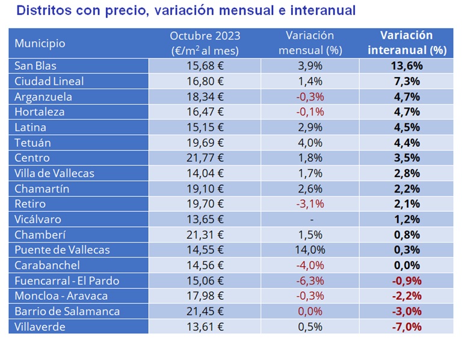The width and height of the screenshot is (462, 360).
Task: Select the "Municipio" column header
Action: pyautogui.click(x=40, y=43)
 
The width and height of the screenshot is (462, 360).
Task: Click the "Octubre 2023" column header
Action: pyautogui.click(x=205, y=43)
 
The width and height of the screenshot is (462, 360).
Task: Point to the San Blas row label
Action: pyautogui.click(x=35, y=66)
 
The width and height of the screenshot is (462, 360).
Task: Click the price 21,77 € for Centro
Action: pyautogui.click(x=205, y=158)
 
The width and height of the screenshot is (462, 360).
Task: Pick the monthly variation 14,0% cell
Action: pyautogui.click(x=310, y=250)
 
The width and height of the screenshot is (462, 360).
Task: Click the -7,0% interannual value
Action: pyautogui.click(x=407, y=327)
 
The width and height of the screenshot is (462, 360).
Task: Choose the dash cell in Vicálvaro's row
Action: pyautogui.click(x=310, y=219)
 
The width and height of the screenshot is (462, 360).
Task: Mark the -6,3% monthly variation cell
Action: pyautogui.click(x=310, y=281)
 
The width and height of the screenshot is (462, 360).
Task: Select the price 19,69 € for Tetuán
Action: pyautogui.click(x=205, y=143)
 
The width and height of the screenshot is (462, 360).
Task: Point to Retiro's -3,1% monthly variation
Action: pyautogui.click(x=310, y=204)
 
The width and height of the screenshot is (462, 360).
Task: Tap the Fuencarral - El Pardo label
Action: pyautogui.click(x=67, y=281)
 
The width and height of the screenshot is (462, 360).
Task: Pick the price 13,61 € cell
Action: pyautogui.click(x=205, y=327)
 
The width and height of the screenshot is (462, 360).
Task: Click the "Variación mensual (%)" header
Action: pyautogui.click(x=310, y=43)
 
